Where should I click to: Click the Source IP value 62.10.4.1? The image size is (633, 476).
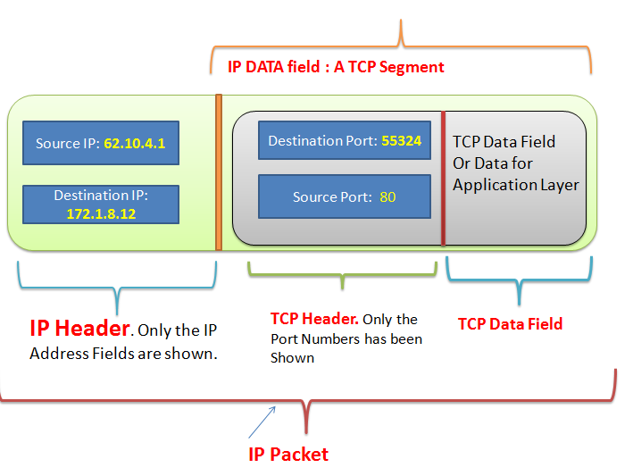coord(135,143)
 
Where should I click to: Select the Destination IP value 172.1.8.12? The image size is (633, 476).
coord(101,213)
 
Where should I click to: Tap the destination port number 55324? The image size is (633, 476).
coord(401,140)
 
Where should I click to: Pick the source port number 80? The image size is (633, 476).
coord(387,197)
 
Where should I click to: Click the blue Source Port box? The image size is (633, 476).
coord(345,196)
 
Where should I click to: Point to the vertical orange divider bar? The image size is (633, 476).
coord(219,172)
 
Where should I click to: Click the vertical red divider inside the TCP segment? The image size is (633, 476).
coord(443,179)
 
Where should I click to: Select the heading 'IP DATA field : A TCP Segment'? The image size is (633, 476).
coord(336,67)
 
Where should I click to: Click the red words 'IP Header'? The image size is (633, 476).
coord(80,328)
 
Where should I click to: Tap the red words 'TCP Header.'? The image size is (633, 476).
coord(314,319)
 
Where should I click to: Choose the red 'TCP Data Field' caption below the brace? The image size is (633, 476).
coord(511,324)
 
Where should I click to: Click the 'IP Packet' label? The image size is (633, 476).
coord(288,455)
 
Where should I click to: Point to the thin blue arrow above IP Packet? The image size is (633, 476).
coord(262,422)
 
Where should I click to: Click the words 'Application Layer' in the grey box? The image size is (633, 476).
coord(516,185)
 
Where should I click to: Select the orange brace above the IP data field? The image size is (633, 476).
coord(401,46)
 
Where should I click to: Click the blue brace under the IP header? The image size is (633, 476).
coord(117,288)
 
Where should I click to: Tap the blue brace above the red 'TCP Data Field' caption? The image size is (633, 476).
coord(519,280)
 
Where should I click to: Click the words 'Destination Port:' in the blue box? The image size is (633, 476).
coord(322,141)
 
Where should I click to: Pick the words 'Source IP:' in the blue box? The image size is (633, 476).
coord(68,143)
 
